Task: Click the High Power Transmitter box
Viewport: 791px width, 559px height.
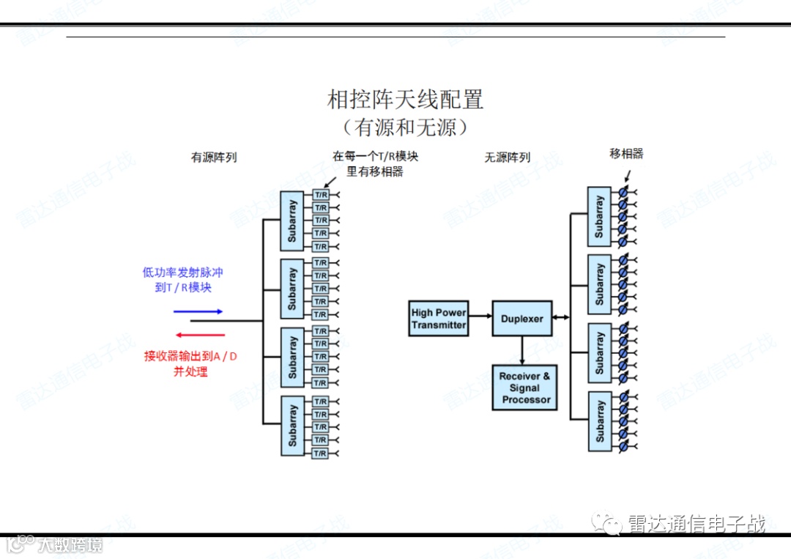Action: pyautogui.click(x=439, y=319)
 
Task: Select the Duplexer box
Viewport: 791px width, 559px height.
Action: pyautogui.click(x=521, y=319)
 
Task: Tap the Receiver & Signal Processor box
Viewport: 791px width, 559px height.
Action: pyautogui.click(x=525, y=388)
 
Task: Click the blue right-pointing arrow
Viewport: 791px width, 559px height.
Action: pyautogui.click(x=198, y=311)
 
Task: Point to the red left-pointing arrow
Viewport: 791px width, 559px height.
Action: pyautogui.click(x=198, y=334)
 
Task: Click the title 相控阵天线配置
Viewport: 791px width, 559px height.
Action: pyautogui.click(x=405, y=100)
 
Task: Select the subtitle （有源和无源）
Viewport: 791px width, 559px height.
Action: pyautogui.click(x=405, y=127)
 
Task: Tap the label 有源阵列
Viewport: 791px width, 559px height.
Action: pyautogui.click(x=214, y=158)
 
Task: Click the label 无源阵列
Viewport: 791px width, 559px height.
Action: pyautogui.click(x=507, y=158)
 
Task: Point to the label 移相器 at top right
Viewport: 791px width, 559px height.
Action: pyautogui.click(x=626, y=154)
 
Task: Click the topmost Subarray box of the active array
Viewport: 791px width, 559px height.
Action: pyautogui.click(x=292, y=221)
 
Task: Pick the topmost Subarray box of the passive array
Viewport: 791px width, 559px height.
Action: pyautogui.click(x=599, y=217)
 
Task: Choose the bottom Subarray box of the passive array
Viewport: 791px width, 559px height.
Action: pyautogui.click(x=599, y=421)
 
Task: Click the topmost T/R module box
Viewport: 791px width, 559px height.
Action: pyautogui.click(x=320, y=195)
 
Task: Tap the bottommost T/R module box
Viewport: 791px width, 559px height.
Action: pyautogui.click(x=320, y=454)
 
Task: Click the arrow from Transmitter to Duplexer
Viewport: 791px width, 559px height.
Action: pyautogui.click(x=480, y=316)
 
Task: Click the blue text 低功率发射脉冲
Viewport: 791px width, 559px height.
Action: pyautogui.click(x=182, y=273)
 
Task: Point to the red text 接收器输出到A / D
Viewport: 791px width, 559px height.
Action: pyautogui.click(x=190, y=357)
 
